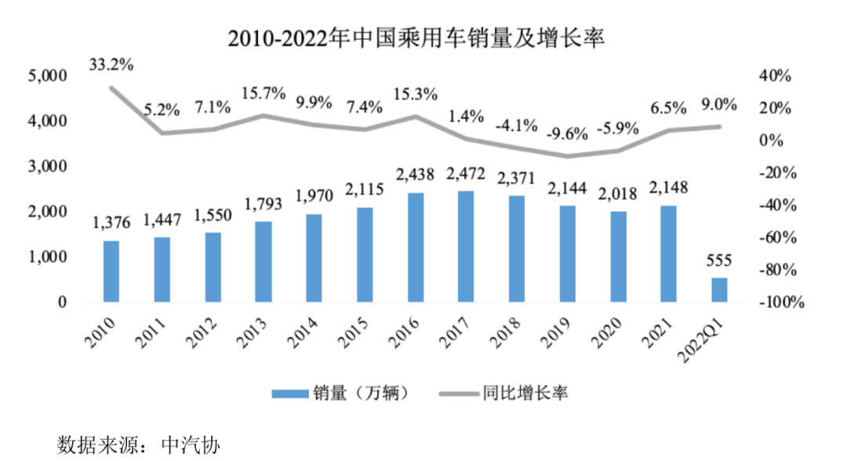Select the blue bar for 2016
(416, 247)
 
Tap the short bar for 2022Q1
(719, 290)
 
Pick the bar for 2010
(111, 271)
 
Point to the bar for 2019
(567, 254)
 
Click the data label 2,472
(465, 174)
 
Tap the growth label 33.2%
(111, 65)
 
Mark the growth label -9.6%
(568, 133)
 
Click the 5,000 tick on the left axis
(49, 76)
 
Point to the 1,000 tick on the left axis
(49, 257)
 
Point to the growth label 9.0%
(719, 105)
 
